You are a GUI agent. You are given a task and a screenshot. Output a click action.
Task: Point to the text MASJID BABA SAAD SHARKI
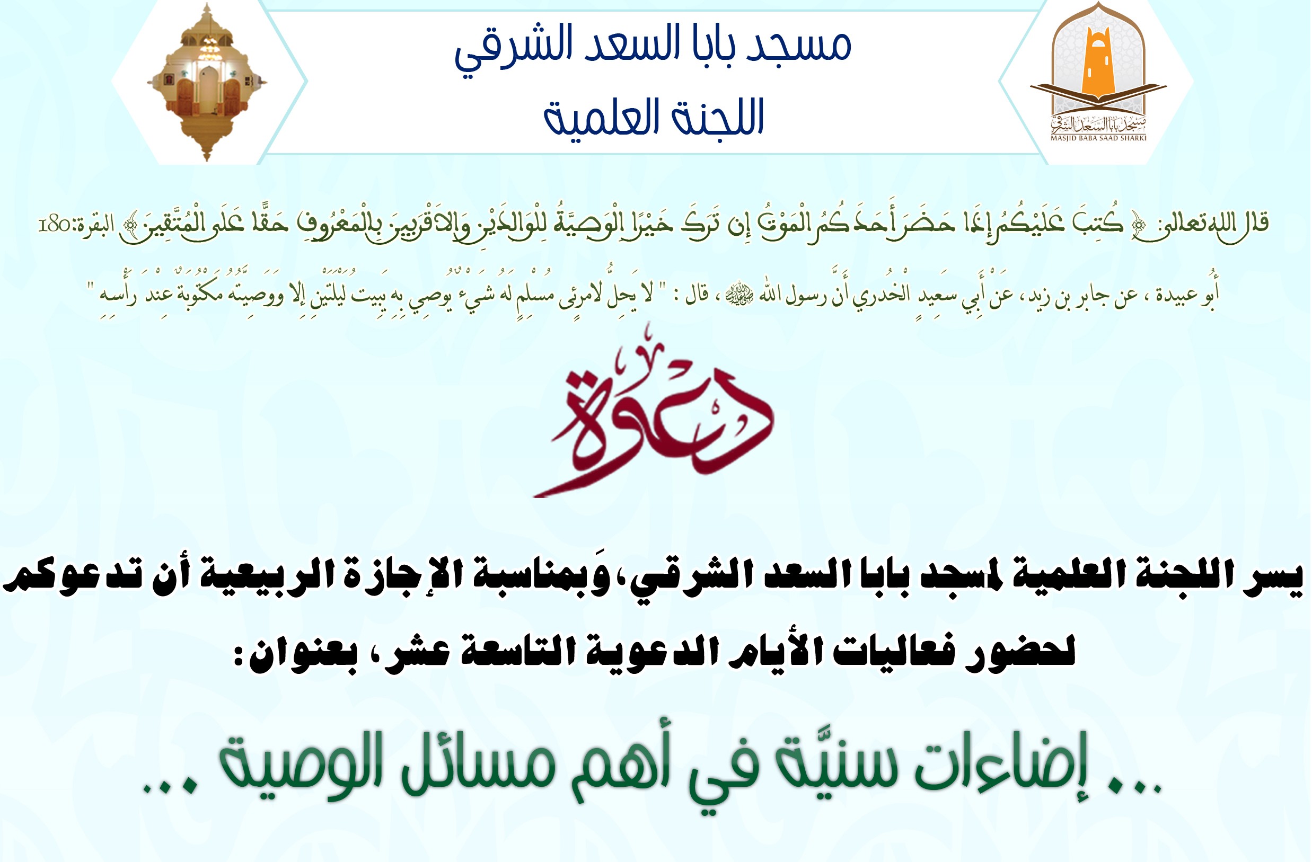(x=1098, y=138)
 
